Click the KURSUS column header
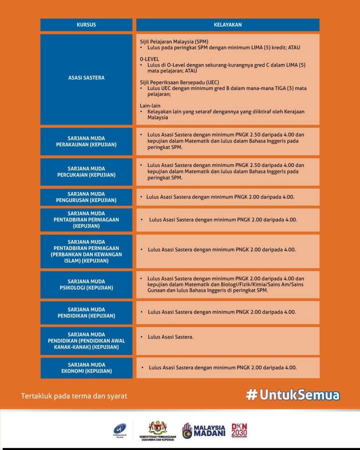(x=86, y=25)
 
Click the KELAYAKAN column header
(x=227, y=25)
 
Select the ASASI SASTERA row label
(x=86, y=78)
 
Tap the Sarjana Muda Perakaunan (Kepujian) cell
(x=86, y=141)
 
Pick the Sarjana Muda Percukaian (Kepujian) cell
(x=86, y=172)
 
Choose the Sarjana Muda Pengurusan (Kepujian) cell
(x=86, y=197)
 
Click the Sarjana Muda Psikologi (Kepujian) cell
(x=86, y=284)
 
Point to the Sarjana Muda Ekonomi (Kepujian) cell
(x=86, y=368)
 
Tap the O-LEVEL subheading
(x=149, y=59)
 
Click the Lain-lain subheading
(x=150, y=105)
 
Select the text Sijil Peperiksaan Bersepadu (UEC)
(x=179, y=82)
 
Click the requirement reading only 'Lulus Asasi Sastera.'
(x=171, y=337)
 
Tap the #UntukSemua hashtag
(x=293, y=394)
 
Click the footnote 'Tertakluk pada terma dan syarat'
(x=74, y=396)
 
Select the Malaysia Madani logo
(x=204, y=431)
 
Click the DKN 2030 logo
(x=239, y=430)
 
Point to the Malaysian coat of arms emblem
(x=157, y=427)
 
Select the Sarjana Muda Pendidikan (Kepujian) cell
(x=86, y=313)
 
